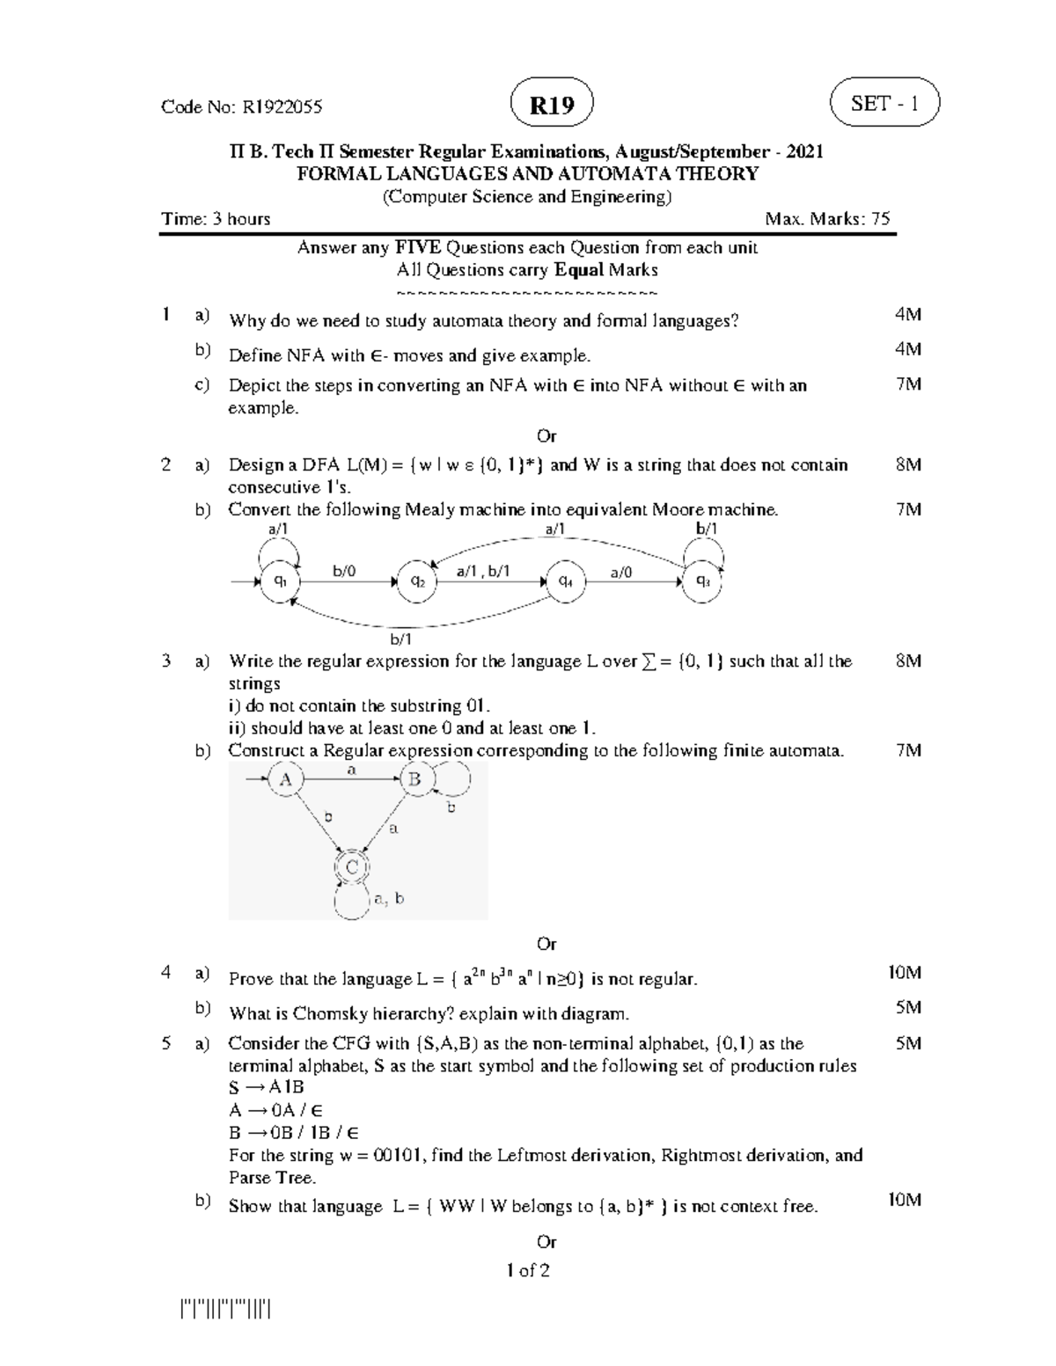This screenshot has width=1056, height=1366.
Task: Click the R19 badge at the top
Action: (x=551, y=106)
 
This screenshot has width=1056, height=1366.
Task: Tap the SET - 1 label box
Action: (x=884, y=103)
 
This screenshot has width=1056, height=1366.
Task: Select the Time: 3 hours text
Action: (x=216, y=219)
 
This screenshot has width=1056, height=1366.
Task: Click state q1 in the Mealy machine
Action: (x=280, y=581)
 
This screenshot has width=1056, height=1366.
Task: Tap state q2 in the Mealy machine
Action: (x=418, y=581)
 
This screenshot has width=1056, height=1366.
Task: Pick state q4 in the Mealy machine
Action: (x=566, y=581)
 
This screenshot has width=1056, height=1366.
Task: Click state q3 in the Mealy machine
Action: (x=703, y=581)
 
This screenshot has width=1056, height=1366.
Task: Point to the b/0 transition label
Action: (x=344, y=572)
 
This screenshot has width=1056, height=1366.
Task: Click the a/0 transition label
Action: (x=621, y=572)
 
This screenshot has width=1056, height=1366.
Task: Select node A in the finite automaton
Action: (x=285, y=779)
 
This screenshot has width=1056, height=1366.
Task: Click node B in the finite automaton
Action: (x=414, y=779)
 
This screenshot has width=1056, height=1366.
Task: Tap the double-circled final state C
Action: (x=352, y=867)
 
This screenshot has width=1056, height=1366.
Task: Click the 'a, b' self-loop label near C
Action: (x=388, y=898)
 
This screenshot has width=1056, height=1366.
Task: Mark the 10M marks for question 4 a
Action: (x=904, y=973)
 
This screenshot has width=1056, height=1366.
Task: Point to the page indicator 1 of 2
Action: (x=528, y=1270)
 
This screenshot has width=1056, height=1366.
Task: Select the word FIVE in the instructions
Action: (x=418, y=248)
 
